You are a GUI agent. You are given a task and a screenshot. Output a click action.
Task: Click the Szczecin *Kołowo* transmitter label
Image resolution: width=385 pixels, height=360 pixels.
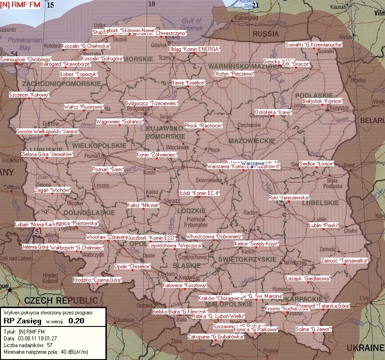click(29, 95)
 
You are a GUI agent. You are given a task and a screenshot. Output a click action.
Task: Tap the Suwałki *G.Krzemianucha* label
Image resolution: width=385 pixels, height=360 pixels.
click(314, 45)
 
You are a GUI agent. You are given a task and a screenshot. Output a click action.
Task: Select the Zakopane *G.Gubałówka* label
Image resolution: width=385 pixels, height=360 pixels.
click(216, 336)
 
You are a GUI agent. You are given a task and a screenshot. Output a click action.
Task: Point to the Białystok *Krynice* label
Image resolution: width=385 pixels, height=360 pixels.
click(322, 101)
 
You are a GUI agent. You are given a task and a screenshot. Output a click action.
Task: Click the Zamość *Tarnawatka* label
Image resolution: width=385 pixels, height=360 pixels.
click(344, 261)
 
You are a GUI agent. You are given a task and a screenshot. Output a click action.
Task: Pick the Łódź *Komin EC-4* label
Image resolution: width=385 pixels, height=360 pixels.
click(200, 193)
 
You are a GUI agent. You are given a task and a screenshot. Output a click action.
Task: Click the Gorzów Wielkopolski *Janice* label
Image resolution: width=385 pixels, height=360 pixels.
click(47, 131)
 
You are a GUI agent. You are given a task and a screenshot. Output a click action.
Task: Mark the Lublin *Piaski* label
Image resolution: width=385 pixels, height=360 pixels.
click(323, 225)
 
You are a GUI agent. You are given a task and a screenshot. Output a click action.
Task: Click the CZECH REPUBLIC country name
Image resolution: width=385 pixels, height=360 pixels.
click(61, 300)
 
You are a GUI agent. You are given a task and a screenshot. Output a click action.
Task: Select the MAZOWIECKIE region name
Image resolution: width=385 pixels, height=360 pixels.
click(252, 140)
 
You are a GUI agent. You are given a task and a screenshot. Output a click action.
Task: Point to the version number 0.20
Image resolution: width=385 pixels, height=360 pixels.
click(76, 321)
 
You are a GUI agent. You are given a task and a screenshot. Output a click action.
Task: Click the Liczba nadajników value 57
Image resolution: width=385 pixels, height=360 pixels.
click(50, 345)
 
